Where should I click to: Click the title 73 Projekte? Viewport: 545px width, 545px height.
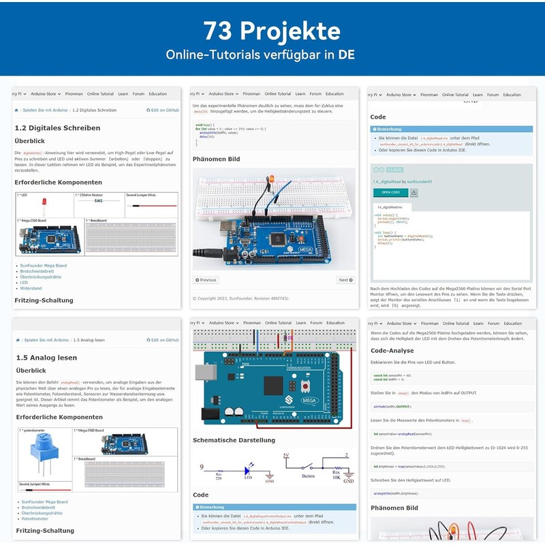[272, 31]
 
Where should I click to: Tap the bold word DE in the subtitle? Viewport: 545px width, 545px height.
[346, 54]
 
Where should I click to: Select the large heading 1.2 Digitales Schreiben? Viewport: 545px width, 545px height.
[57, 127]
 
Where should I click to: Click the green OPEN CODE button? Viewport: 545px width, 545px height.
[390, 193]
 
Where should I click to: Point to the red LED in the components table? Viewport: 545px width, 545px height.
[44, 204]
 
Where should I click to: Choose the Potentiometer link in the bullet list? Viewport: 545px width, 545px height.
[35, 518]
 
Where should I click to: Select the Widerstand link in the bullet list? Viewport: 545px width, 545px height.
[31, 288]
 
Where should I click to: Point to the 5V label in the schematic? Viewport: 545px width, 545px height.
[286, 456]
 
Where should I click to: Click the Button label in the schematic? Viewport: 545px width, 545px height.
[309, 476]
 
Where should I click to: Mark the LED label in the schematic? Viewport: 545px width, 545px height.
[249, 477]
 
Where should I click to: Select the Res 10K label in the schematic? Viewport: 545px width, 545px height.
[336, 475]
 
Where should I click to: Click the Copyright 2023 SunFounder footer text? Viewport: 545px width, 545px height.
[240, 298]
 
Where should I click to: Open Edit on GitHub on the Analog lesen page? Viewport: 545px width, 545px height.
[163, 340]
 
